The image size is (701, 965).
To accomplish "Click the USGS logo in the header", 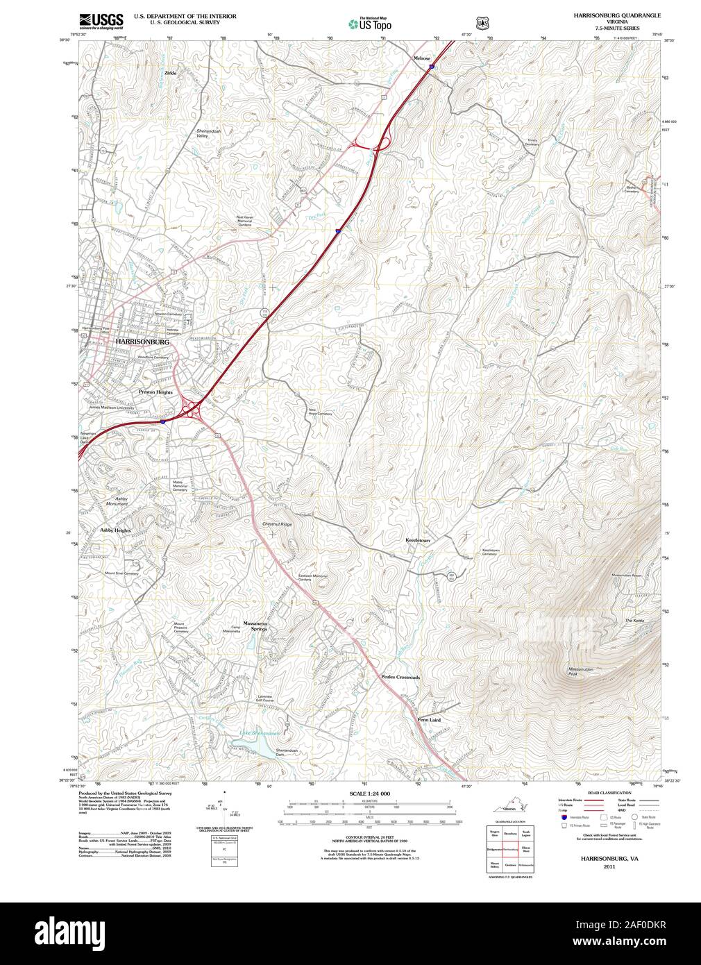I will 101,20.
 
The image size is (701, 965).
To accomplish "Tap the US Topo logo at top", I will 369,24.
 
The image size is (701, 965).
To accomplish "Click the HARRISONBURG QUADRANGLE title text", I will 616,15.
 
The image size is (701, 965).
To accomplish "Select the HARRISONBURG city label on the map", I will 142,342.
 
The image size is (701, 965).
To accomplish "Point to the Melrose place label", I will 422,58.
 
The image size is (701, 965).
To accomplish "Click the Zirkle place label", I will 170,72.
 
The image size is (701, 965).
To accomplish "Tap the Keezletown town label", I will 418,539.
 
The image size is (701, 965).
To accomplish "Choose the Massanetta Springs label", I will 255,626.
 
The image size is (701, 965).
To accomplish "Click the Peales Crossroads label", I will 400,677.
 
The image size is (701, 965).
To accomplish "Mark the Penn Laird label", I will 429,720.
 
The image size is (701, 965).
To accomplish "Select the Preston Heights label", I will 155,392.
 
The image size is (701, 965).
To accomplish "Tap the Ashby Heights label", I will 115,530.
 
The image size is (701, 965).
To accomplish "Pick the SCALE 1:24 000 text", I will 369,793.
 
